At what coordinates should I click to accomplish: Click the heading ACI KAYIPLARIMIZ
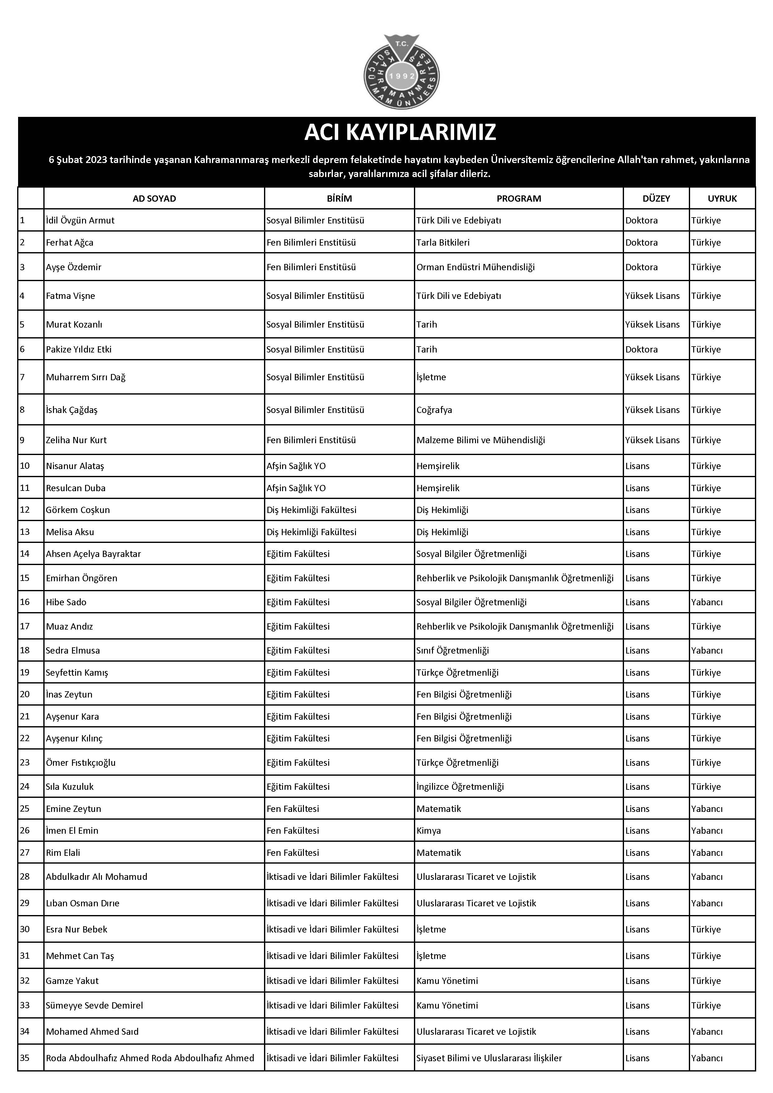400,132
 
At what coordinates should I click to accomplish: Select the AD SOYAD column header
154,199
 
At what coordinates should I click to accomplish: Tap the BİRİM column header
339,199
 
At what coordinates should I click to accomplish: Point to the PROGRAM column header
519,199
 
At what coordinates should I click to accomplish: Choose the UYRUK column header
722,199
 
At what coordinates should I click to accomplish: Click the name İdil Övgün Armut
80,220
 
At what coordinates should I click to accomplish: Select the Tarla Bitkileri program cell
443,242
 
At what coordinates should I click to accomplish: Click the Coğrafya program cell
434,410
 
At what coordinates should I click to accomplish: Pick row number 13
25,531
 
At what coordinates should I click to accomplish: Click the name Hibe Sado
66,602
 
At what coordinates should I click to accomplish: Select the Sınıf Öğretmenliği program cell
453,650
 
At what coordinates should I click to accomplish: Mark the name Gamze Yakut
72,981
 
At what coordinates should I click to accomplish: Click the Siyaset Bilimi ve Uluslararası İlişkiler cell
489,1058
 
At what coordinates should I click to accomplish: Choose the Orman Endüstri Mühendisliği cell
476,267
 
